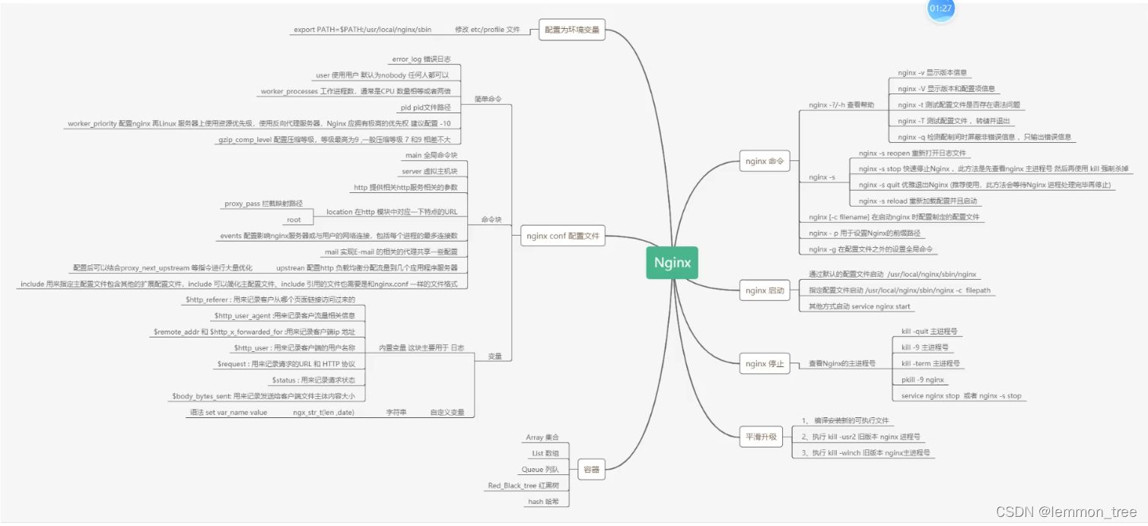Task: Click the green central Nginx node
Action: [x=672, y=262]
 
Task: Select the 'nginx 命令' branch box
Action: [x=765, y=161]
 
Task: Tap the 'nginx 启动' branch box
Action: [x=765, y=290]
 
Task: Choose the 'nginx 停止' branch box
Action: [x=765, y=363]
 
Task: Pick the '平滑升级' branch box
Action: [x=761, y=437]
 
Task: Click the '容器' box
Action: [x=591, y=469]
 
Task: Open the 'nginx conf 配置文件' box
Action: [x=563, y=236]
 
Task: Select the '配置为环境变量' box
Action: [x=572, y=30]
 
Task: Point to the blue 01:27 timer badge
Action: [x=940, y=8]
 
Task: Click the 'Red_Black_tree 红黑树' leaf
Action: [x=523, y=486]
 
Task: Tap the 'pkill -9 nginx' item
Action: [x=922, y=380]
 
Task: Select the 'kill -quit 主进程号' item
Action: [x=929, y=332]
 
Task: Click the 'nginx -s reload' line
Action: [x=917, y=201]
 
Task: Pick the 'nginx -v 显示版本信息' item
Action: [x=932, y=73]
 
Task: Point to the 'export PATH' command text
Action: [x=362, y=30]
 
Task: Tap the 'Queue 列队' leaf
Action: [x=540, y=470]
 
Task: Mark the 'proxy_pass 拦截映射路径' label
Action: [x=263, y=204]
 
